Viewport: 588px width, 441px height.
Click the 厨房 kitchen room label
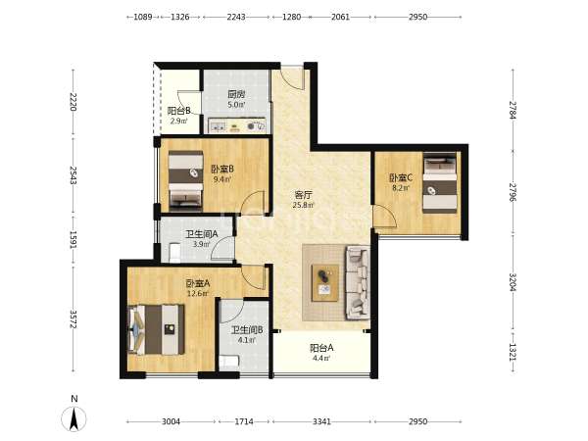[x=236, y=94]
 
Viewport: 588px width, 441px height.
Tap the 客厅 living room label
[x=304, y=195]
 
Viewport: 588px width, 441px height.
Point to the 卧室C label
[x=401, y=177]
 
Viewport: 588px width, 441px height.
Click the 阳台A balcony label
[x=321, y=348]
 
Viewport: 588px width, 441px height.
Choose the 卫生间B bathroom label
[x=246, y=330]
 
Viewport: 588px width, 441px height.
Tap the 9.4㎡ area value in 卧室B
[x=222, y=179]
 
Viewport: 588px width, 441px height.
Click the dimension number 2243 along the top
[x=236, y=17]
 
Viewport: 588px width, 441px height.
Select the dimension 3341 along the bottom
[x=321, y=421]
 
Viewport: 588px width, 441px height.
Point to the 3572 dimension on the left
[x=73, y=319]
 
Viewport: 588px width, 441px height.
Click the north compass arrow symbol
[x=73, y=418]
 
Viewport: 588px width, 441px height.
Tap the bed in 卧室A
[x=157, y=329]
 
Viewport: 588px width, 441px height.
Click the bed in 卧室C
[x=440, y=182]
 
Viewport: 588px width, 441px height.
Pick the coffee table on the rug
[x=325, y=283]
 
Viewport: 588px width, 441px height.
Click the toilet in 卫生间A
[x=174, y=253]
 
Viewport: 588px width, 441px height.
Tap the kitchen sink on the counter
[x=218, y=126]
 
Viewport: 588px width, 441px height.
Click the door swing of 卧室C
[x=385, y=217]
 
